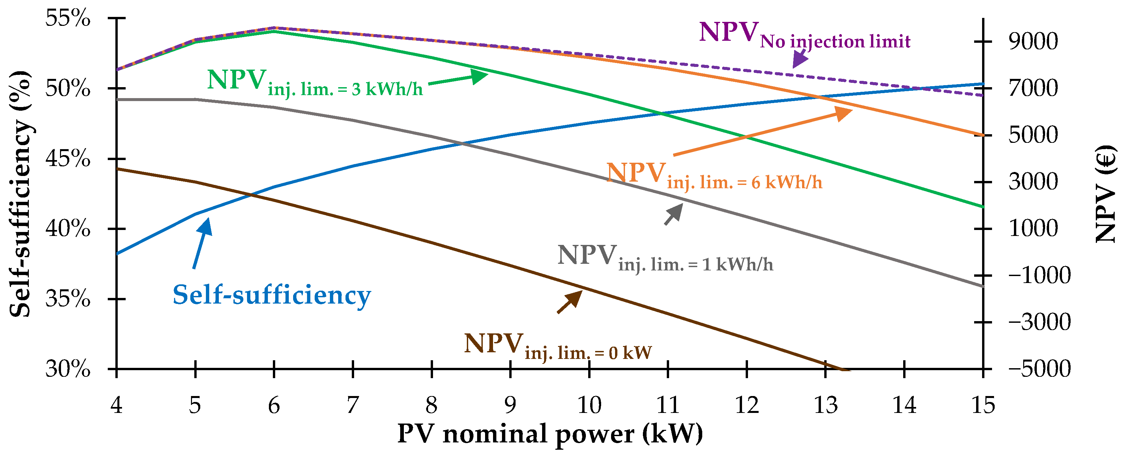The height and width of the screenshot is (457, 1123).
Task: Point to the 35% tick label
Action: (x=68, y=299)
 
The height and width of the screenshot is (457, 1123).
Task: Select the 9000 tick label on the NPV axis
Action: (x=1033, y=41)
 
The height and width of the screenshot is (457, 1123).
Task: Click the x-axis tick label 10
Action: (x=589, y=405)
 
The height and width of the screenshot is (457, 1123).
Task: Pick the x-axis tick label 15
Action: (x=983, y=405)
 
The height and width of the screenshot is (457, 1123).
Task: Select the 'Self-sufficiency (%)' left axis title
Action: (x=20, y=194)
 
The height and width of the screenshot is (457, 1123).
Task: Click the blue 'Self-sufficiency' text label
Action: (x=272, y=295)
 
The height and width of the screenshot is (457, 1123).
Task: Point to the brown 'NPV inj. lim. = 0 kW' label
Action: (x=558, y=346)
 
